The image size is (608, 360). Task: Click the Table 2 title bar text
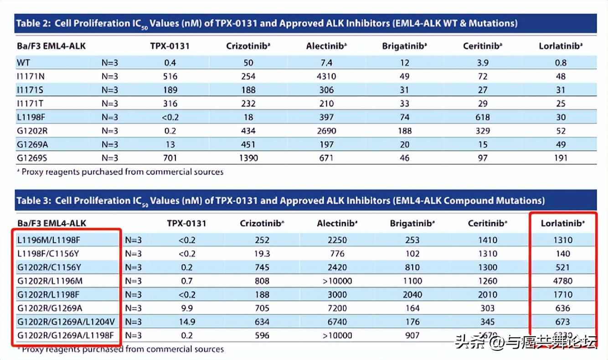tap(267, 23)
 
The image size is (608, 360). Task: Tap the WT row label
tap(23, 62)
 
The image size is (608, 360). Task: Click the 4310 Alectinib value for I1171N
tap(326, 76)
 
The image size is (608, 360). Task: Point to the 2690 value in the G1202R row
tap(326, 131)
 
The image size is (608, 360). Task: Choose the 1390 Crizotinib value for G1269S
tap(247, 158)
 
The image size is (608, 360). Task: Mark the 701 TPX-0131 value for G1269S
tap(170, 158)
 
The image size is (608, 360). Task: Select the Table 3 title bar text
tap(280, 201)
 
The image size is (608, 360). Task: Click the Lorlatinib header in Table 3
tap(562, 223)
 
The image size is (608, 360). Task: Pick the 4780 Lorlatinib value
tap(563, 281)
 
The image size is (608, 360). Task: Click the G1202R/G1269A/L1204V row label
tap(66, 322)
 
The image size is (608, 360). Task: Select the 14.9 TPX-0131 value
tap(187, 322)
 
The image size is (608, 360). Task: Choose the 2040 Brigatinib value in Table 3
tap(412, 295)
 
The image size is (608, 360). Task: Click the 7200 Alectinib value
tap(337, 309)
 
